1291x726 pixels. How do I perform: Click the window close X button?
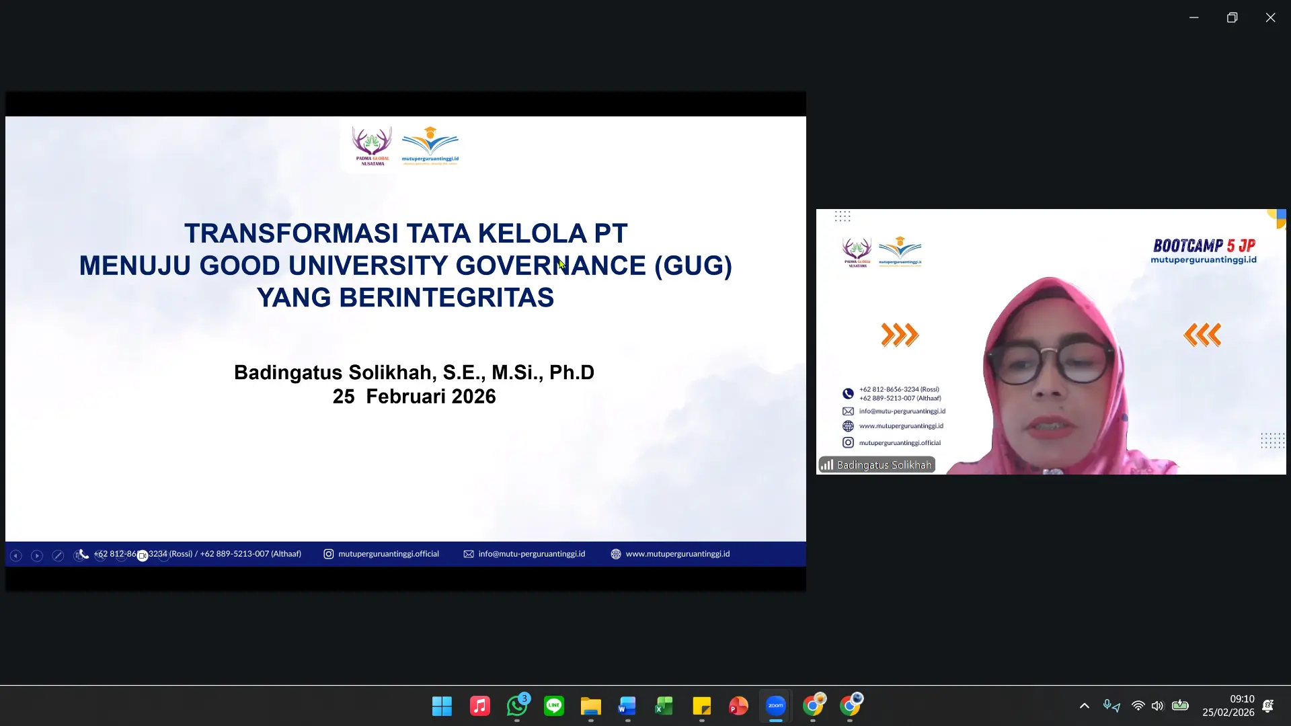[x=1270, y=17]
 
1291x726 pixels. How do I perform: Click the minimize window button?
[x=1194, y=17]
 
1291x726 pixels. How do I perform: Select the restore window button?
[x=1232, y=17]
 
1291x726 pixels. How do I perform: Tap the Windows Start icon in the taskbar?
[x=442, y=706]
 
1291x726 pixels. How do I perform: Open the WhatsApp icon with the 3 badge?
[x=517, y=706]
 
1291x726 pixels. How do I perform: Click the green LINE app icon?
[x=554, y=706]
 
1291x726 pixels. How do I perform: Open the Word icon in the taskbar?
[x=627, y=706]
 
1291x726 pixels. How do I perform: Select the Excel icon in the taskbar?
[x=664, y=706]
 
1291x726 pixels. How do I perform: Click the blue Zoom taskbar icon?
[x=775, y=706]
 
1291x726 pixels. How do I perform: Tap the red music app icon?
[x=479, y=706]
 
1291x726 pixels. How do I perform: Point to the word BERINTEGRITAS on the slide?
[x=446, y=298]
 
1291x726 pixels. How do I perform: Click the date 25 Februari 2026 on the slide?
[x=414, y=397]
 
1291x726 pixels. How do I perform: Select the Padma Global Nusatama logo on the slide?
[x=372, y=145]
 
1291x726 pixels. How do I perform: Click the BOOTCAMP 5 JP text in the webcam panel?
[x=1204, y=245]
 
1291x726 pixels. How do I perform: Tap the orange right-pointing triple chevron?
[x=900, y=334]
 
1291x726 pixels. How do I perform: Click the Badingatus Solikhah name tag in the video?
[x=877, y=465]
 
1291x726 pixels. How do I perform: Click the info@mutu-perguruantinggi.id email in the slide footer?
[x=531, y=554]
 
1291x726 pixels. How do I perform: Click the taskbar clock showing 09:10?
[x=1241, y=699]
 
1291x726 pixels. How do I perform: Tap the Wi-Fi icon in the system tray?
[x=1138, y=706]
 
